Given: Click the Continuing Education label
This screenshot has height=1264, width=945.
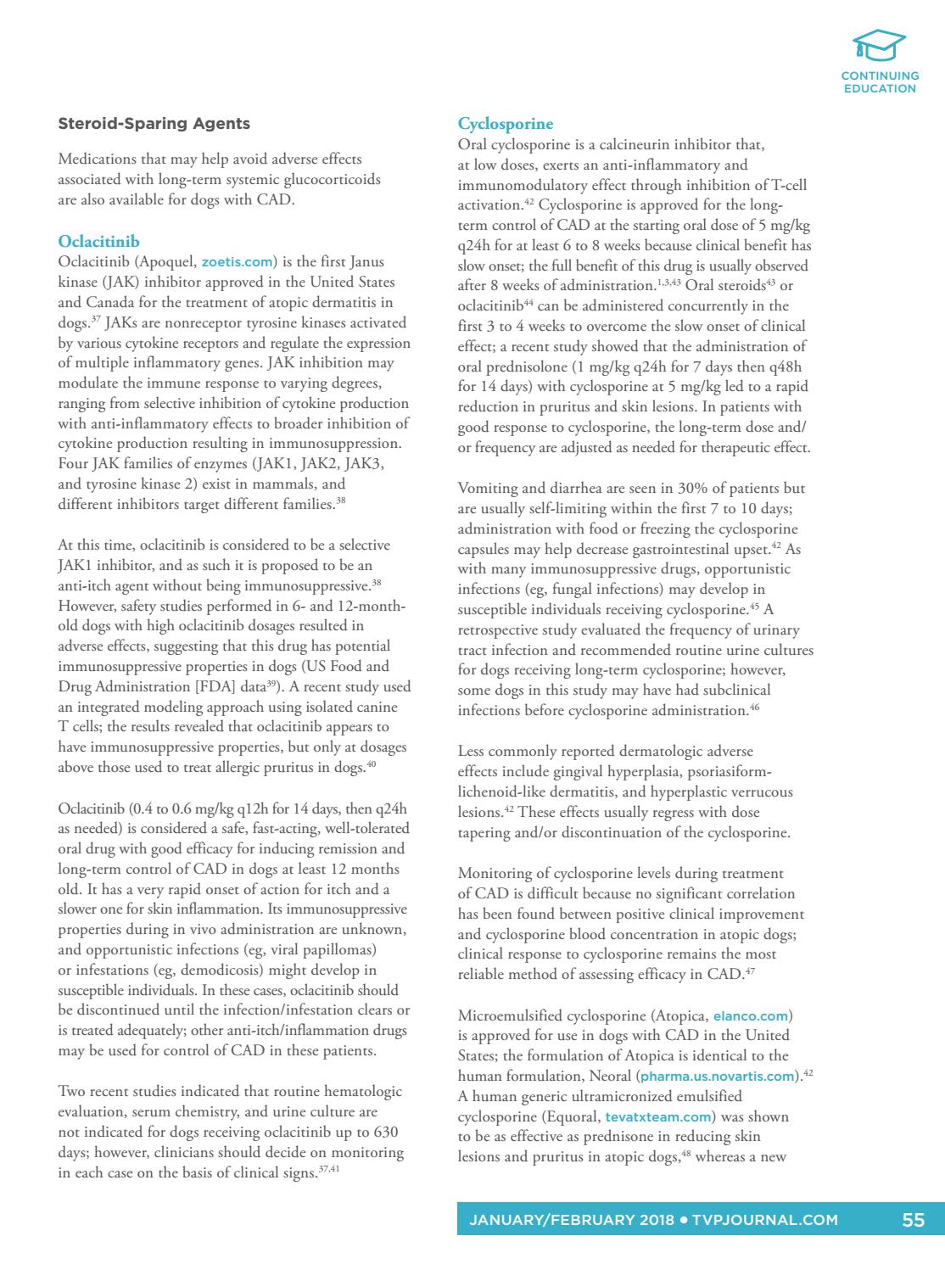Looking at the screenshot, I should point(880,81).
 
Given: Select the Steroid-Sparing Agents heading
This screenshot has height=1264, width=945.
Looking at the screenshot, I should point(154,124).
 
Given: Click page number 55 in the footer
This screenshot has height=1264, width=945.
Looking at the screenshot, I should point(913,1221).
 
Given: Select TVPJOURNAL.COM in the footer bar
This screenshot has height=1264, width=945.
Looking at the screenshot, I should point(765,1221).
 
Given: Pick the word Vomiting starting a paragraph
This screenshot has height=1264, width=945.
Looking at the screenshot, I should point(487,488).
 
